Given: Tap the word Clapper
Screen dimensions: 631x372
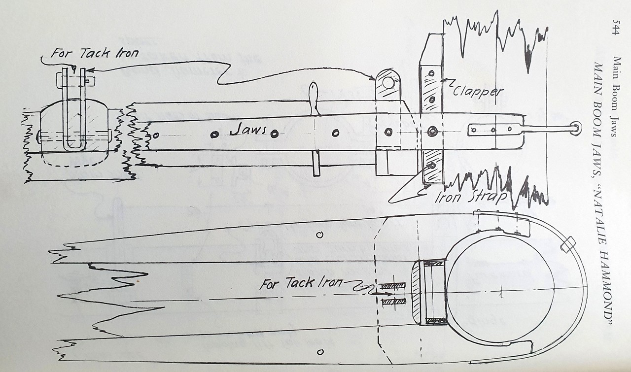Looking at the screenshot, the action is (x=478, y=91).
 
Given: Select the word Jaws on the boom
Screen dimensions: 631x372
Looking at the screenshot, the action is (x=248, y=130).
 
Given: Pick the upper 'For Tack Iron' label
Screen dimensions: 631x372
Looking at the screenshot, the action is (x=95, y=53).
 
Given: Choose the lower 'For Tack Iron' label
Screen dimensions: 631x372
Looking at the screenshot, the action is (x=301, y=283).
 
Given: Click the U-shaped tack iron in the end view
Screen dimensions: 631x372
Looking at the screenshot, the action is (x=74, y=110).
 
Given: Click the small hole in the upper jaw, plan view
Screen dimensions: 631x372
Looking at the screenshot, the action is (x=319, y=235).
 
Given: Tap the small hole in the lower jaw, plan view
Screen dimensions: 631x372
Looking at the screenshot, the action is (x=320, y=352).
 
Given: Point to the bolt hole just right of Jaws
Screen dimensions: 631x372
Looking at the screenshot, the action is (x=275, y=134).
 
